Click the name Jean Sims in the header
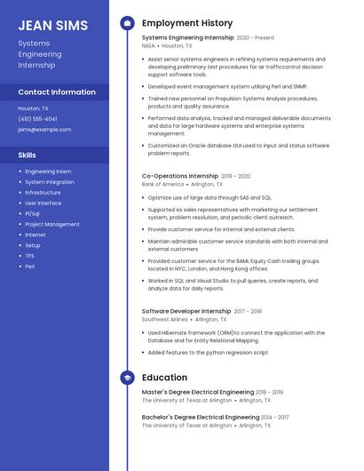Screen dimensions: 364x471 point(53,25)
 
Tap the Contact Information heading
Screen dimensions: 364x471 point(57,92)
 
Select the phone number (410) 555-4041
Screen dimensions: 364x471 point(37,118)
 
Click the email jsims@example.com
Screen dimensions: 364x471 point(44,129)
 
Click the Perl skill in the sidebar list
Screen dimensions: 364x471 point(30,267)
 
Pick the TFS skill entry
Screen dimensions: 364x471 point(30,256)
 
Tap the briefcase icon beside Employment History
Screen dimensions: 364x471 point(127,22)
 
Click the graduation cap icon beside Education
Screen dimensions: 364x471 point(127,378)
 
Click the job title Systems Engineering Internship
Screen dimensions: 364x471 point(187,38)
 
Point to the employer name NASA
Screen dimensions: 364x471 point(149,45)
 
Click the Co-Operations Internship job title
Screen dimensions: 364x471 point(179,176)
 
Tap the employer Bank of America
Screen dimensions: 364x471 point(161,184)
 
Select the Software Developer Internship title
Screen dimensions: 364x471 point(186,311)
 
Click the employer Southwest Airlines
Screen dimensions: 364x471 point(164,319)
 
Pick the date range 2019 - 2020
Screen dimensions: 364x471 point(236,176)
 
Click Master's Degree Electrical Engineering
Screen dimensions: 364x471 point(198,392)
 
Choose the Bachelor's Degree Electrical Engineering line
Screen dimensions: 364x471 point(201,417)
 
